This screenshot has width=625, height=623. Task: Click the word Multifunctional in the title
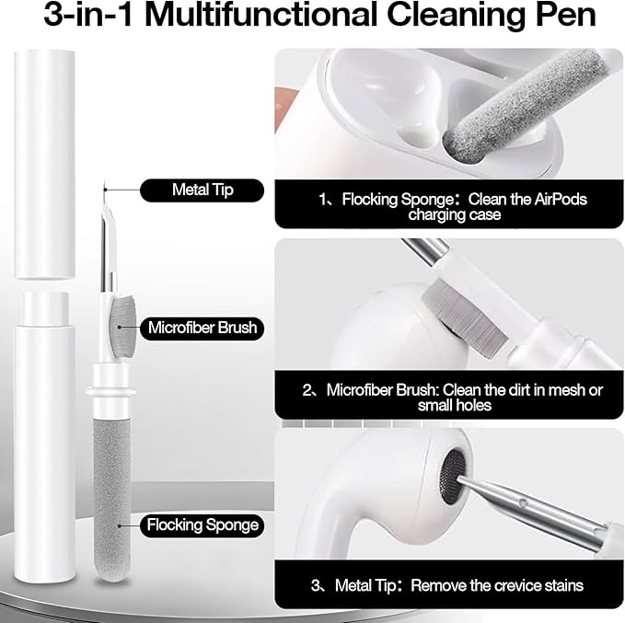click(260, 15)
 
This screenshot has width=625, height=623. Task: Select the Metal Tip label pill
click(203, 190)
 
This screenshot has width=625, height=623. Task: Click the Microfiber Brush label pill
click(203, 328)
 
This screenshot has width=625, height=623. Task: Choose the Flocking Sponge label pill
click(203, 525)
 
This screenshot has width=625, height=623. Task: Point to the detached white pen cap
click(44, 164)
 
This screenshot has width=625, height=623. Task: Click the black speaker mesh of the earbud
click(452, 474)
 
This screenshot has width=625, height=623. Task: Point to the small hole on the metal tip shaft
click(523, 503)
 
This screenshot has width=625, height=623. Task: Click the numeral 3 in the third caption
click(316, 585)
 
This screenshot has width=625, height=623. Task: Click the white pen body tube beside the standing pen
click(44, 436)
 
